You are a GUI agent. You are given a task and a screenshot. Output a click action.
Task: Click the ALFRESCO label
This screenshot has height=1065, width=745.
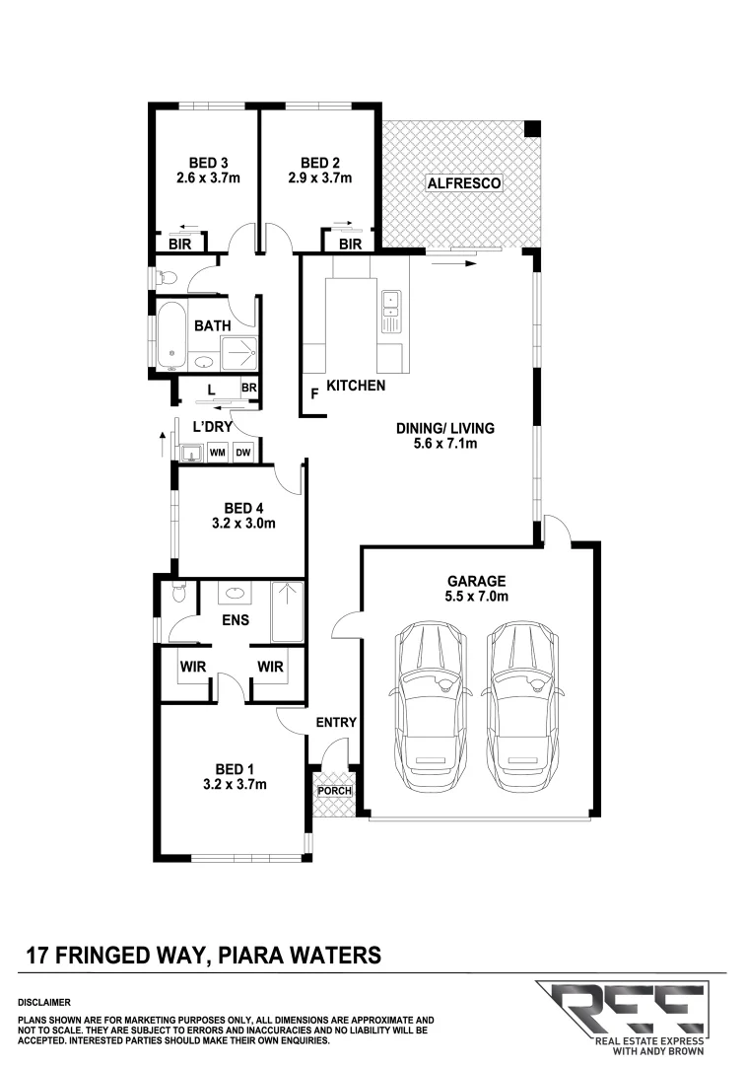point(464,183)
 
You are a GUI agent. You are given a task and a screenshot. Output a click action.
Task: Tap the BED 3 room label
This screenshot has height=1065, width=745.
point(208,163)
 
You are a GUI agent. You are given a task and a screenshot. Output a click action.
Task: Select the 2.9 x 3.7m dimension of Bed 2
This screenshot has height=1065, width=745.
point(320,178)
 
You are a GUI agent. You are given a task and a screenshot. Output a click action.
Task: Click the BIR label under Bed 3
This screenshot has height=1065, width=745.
point(179,244)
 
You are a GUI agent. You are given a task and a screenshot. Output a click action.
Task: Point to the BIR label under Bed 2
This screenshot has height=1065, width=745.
point(350,244)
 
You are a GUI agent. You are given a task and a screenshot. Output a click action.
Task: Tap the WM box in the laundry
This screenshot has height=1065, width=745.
point(216,453)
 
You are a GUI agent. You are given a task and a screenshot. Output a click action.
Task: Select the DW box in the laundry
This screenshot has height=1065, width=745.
point(243,453)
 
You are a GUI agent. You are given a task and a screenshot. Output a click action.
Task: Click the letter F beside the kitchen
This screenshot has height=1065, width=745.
point(314,392)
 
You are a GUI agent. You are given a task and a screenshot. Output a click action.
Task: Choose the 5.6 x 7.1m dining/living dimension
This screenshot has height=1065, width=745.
point(444,445)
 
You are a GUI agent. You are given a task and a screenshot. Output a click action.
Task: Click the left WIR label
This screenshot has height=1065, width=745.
point(191,668)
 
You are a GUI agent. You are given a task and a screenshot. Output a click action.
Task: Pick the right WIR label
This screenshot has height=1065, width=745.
point(270,668)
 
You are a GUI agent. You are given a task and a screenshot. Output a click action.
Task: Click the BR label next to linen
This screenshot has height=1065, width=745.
point(249,389)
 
